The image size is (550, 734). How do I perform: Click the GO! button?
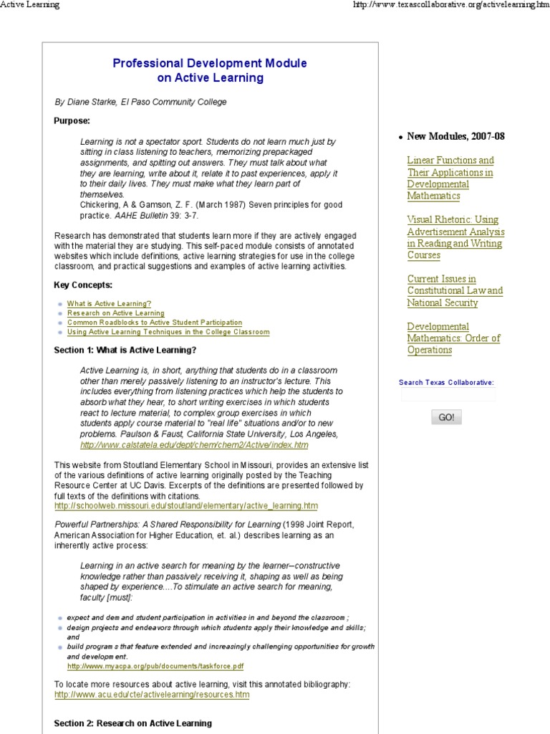446,417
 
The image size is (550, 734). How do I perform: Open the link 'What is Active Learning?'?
109,304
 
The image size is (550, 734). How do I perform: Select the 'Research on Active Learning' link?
115,313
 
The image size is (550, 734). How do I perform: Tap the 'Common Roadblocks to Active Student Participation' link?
154,323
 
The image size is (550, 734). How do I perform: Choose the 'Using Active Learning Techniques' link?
168,332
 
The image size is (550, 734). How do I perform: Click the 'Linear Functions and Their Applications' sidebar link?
450,178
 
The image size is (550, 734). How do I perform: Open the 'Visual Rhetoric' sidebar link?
455,237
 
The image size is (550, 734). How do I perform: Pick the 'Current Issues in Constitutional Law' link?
455,290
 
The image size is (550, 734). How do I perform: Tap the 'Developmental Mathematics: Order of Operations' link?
453,338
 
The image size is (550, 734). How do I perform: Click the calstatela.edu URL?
194,445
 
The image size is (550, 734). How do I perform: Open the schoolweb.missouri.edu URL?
185,506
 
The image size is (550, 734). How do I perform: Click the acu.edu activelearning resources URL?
152,695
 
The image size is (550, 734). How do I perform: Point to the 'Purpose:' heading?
72,120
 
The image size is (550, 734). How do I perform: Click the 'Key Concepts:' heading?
82,285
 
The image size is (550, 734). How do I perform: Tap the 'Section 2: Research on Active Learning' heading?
132,723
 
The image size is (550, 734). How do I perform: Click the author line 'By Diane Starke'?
140,102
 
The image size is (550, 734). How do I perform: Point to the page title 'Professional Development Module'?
210,63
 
